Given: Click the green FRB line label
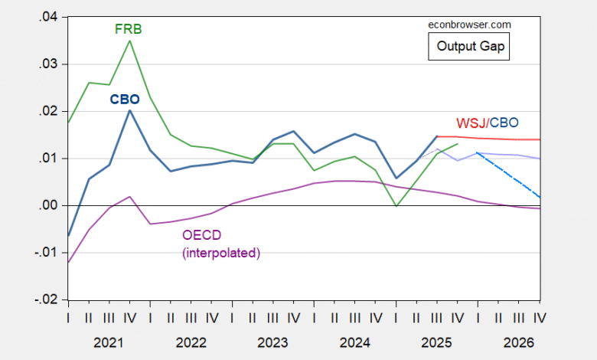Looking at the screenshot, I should pyautogui.click(x=129, y=29).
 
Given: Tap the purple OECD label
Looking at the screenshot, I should pyautogui.click(x=201, y=235).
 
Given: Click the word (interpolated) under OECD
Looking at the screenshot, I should pyautogui.click(x=222, y=252).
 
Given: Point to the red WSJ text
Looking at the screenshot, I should pyautogui.click(x=471, y=123).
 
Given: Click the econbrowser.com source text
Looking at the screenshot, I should pyautogui.click(x=468, y=25).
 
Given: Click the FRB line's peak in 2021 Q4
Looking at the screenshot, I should pyautogui.click(x=129, y=41).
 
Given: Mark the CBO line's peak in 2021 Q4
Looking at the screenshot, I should pyautogui.click(x=129, y=110).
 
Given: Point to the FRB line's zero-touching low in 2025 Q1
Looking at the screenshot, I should pyautogui.click(x=396, y=205).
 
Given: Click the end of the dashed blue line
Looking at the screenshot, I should pyautogui.click(x=540, y=198).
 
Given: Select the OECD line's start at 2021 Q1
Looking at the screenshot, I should pyautogui.click(x=68, y=263).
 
